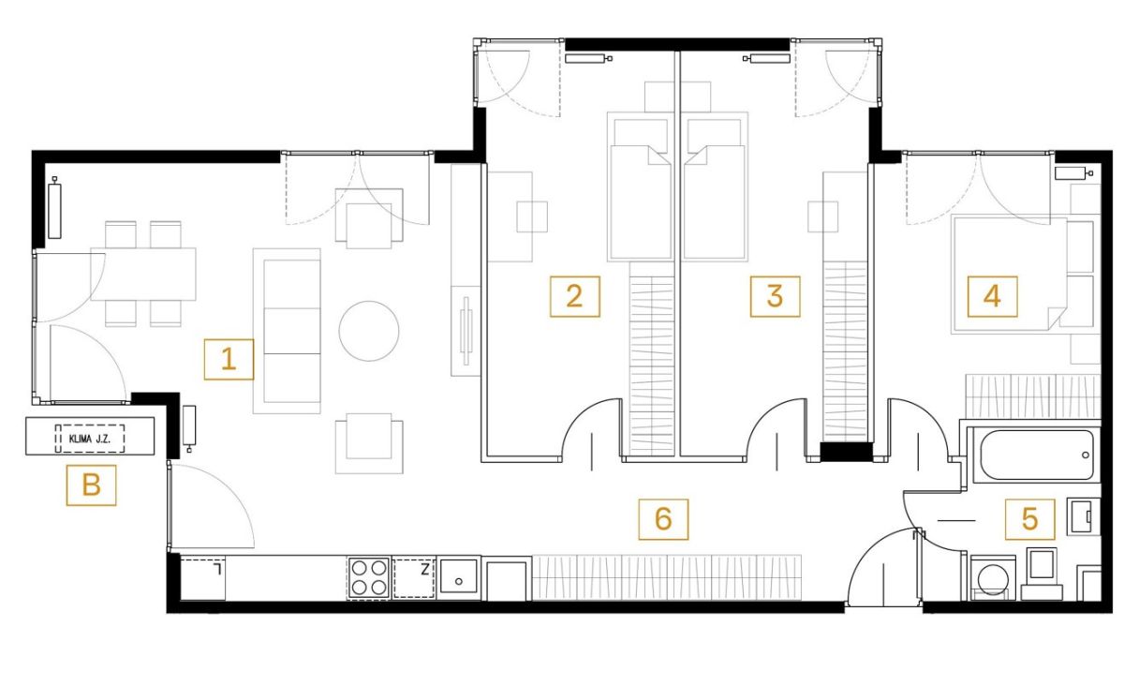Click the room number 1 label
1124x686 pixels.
(x=229, y=360)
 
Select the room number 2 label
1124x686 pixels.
(x=574, y=296)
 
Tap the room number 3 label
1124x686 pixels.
(x=775, y=296)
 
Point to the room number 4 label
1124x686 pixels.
(x=992, y=296)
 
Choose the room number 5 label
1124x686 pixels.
(x=1029, y=519)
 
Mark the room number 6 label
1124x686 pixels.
(x=663, y=519)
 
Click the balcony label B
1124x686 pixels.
(x=92, y=485)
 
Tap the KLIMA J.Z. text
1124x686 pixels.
(x=89, y=439)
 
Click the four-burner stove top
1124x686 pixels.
(x=369, y=577)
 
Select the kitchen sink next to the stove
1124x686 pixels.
(x=458, y=577)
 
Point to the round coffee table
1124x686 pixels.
(x=369, y=331)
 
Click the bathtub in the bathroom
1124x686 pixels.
(x=1036, y=455)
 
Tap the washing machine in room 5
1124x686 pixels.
(x=993, y=578)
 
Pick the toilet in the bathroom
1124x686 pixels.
(x=1042, y=574)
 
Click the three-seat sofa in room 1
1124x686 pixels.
(x=287, y=331)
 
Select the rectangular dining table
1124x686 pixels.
(x=143, y=275)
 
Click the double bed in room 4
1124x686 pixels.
(x=1010, y=275)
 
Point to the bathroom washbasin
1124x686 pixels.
(x=1084, y=516)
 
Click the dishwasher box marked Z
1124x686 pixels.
(x=414, y=577)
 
